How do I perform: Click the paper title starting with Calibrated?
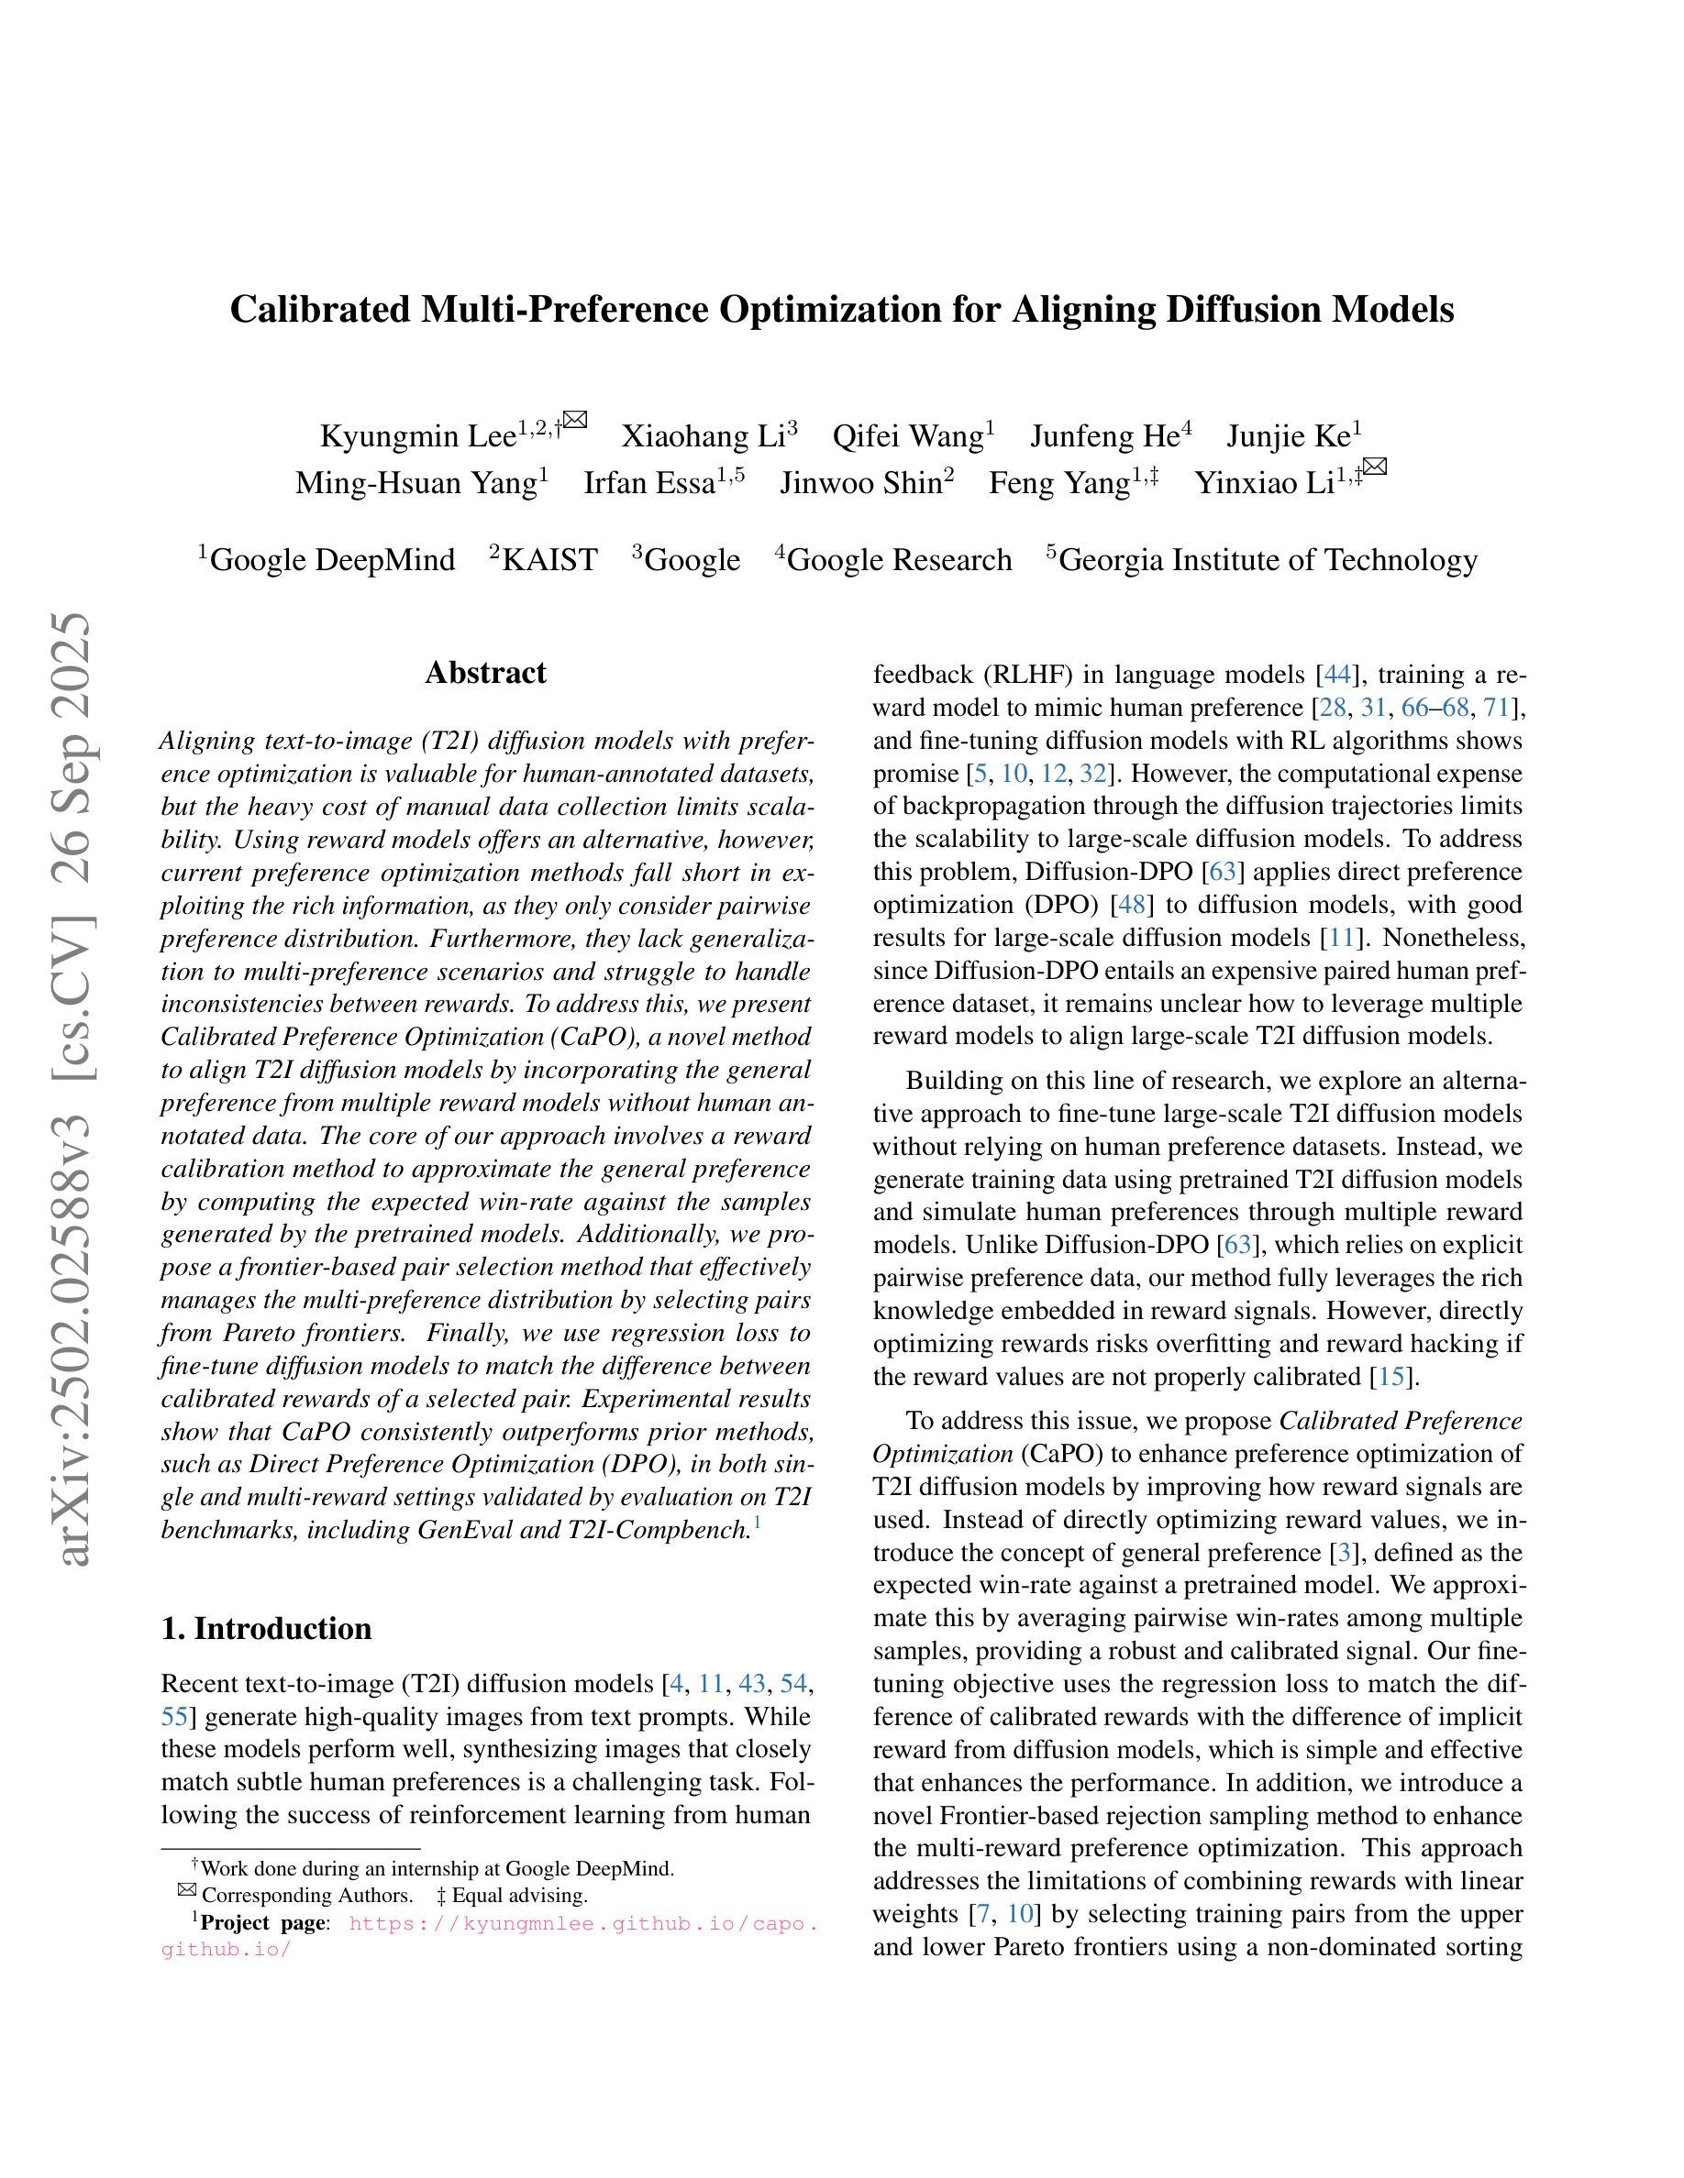coord(841,309)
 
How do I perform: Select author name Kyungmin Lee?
coord(417,437)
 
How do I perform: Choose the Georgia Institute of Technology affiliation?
coord(1267,560)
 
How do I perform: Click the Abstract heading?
coord(485,673)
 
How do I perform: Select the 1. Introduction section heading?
coord(265,1629)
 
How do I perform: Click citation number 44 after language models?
coord(1336,676)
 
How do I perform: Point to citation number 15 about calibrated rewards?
coord(1390,1377)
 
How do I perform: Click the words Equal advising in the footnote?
coord(519,1896)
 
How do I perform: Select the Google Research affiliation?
coord(899,560)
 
